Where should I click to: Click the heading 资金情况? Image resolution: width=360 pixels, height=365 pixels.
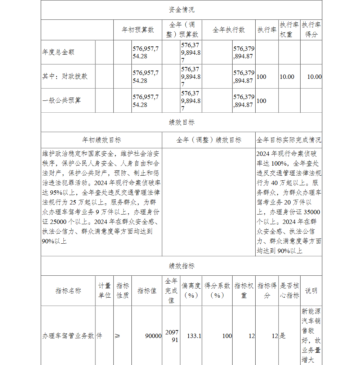tap(181, 10)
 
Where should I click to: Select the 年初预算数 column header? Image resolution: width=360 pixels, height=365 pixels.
tap(138, 30)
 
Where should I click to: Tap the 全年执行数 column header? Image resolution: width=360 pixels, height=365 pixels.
tap(229, 30)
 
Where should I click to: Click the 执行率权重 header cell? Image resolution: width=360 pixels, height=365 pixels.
tap(289, 30)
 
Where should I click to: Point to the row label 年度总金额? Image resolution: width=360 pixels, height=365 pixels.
tap(58, 52)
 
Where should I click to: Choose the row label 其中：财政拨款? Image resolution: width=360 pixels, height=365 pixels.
tap(65, 76)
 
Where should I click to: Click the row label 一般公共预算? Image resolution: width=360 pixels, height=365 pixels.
tap(62, 100)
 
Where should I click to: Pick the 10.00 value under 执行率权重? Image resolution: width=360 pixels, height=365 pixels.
tap(287, 77)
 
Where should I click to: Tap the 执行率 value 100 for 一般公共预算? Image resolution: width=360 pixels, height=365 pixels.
tap(261, 101)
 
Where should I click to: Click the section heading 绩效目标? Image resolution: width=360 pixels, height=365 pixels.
tap(181, 122)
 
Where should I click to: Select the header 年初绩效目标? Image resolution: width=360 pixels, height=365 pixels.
tap(102, 140)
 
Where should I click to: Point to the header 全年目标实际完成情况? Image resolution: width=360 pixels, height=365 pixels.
tap(289, 140)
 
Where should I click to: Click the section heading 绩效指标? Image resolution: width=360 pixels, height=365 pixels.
tap(181, 266)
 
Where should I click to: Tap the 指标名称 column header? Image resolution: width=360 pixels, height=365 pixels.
tap(68, 290)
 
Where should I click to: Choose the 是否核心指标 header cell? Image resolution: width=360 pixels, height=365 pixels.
tap(289, 290)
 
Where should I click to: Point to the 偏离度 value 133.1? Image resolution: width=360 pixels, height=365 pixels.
tap(194, 336)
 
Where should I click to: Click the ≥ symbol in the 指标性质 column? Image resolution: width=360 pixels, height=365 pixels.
tap(117, 336)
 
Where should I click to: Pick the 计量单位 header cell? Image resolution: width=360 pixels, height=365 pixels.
tap(104, 290)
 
